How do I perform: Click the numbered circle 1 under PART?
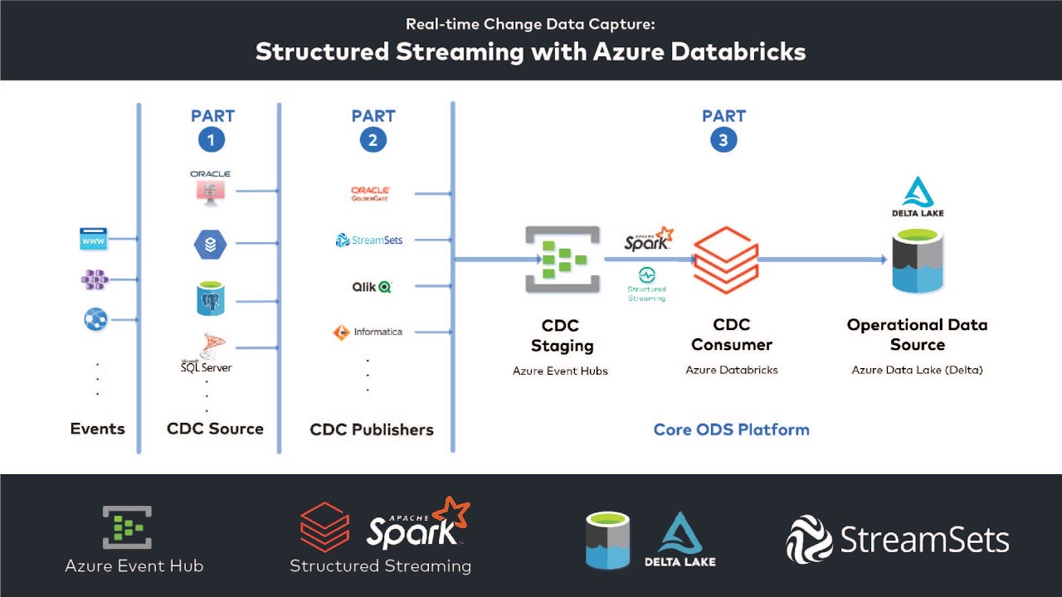pos(211,140)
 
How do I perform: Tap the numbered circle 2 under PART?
pos(373,140)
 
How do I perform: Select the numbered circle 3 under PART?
pos(723,140)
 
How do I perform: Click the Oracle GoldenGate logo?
pos(370,194)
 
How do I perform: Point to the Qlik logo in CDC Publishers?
pos(372,287)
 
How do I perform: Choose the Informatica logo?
pos(368,332)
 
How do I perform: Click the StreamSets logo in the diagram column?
pos(369,240)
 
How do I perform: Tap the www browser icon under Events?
pos(94,240)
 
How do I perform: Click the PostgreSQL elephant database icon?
pos(211,300)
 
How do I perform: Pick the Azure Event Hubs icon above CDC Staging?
pos(562,260)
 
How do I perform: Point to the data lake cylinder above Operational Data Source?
pos(918,262)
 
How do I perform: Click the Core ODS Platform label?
pos(731,430)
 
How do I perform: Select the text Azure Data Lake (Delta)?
pos(917,370)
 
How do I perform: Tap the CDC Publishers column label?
pos(372,430)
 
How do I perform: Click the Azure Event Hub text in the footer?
pos(134,566)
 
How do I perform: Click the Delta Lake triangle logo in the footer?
pos(680,535)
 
